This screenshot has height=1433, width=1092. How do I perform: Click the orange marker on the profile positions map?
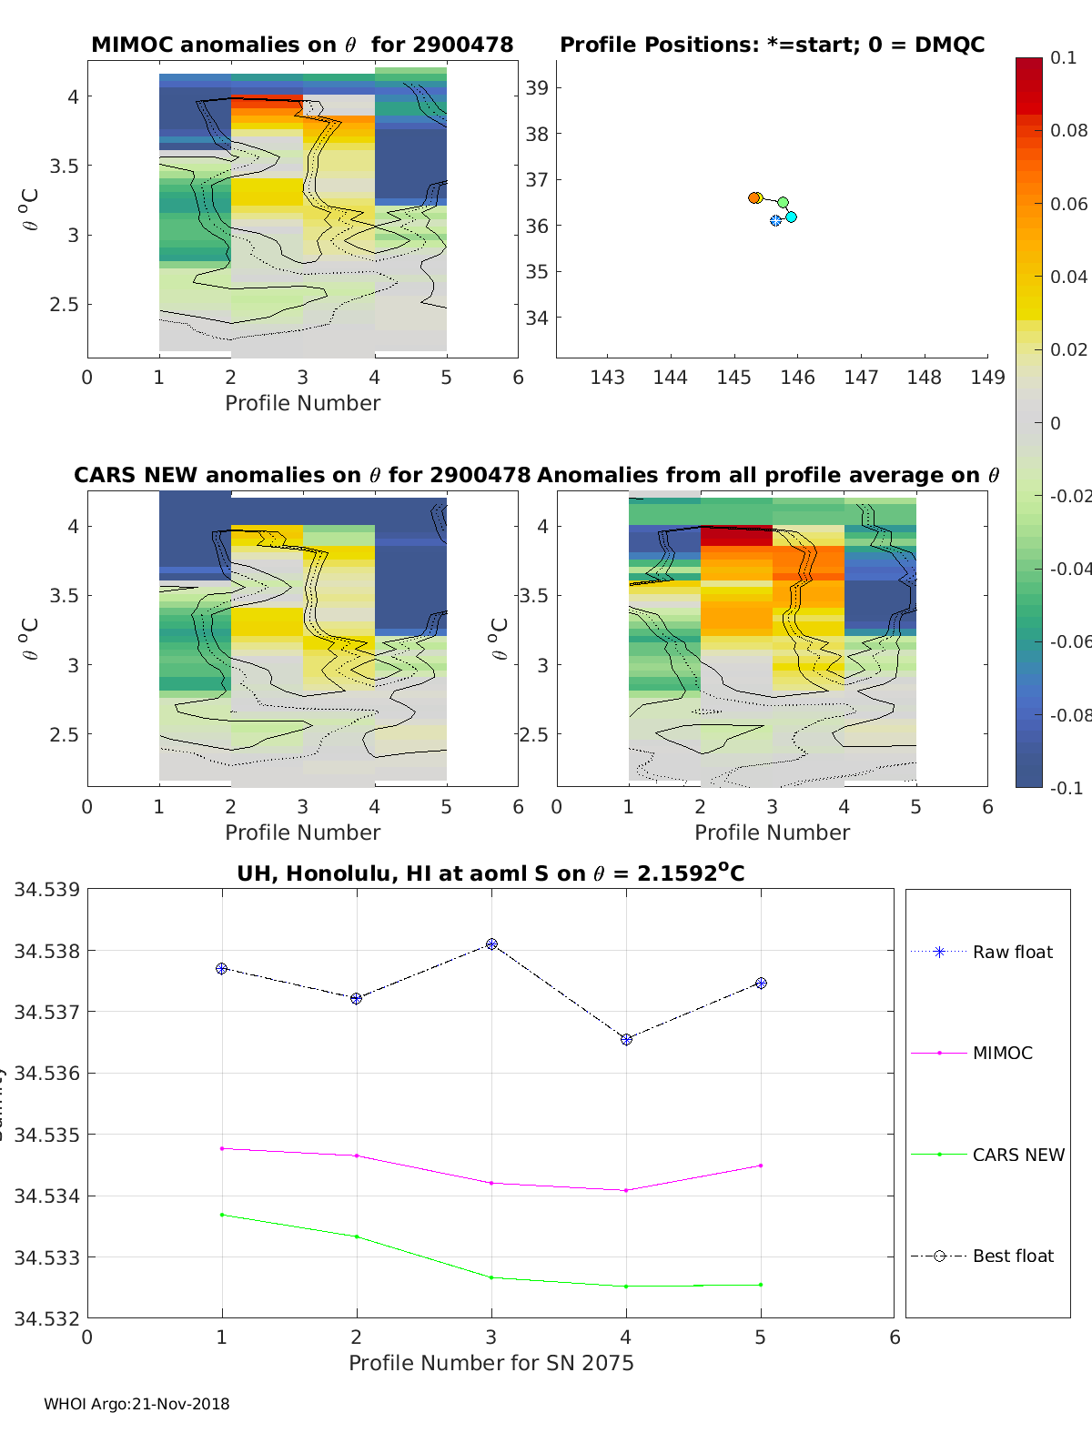[x=754, y=197]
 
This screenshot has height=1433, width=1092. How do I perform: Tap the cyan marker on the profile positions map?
[x=791, y=217]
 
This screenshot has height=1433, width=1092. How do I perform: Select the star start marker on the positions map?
[x=775, y=220]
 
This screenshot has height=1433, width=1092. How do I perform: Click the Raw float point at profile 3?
[x=491, y=944]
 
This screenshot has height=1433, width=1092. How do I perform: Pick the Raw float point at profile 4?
[x=626, y=1039]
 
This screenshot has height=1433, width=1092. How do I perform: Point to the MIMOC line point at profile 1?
[x=222, y=1148]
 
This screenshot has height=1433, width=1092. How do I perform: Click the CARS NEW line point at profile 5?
[x=761, y=1285]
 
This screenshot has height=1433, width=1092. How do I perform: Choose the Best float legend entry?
[x=1012, y=1256]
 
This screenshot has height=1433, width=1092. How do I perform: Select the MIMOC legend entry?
[x=1002, y=1054]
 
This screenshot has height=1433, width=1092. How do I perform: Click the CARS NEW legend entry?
[x=1017, y=1155]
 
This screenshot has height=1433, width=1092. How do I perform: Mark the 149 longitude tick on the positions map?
[x=987, y=378]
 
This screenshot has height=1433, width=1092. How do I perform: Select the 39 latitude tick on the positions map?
[x=538, y=88]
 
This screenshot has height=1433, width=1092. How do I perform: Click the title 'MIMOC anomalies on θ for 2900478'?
[x=302, y=45]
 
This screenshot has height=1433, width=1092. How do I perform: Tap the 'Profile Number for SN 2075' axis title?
[x=490, y=1363]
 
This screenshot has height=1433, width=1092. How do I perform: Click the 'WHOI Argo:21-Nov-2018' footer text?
[x=136, y=1404]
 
